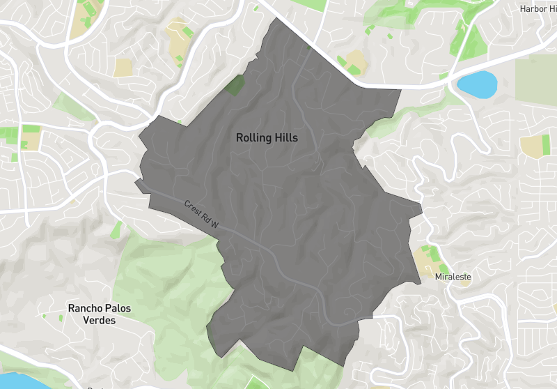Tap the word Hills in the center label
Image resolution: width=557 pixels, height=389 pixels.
pyautogui.click(x=286, y=138)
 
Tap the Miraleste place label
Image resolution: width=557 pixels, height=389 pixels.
pyautogui.click(x=453, y=277)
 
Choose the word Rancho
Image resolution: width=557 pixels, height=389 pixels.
pyautogui.click(x=85, y=308)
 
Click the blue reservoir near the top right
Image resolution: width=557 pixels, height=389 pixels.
pyautogui.click(x=477, y=84)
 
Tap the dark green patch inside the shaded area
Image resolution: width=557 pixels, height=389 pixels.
pyautogui.click(x=236, y=85)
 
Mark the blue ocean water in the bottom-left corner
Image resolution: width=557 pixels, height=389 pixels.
pyautogui.click(x=17, y=381)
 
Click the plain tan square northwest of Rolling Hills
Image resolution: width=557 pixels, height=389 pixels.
pyautogui.click(x=123, y=68)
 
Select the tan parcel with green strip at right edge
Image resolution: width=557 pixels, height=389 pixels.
pyautogui.click(x=533, y=145)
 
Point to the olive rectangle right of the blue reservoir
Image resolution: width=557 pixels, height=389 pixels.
pyautogui.click(x=535, y=84)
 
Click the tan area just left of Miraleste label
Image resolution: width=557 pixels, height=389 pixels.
pyautogui.click(x=423, y=259)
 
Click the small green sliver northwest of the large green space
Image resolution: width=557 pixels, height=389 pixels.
pyautogui.click(x=117, y=229)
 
